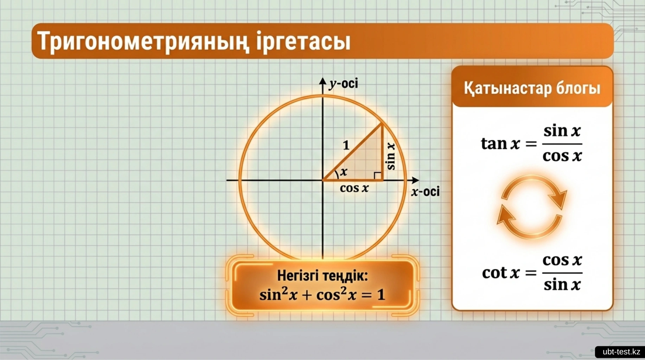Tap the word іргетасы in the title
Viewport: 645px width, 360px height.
[304, 41]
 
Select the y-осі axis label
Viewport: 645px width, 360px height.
[343, 84]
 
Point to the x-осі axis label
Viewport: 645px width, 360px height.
[426, 192]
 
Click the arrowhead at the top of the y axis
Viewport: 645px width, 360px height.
[322, 81]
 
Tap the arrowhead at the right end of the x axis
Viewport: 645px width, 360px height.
[415, 180]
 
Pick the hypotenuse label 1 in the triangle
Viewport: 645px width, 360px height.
[346, 145]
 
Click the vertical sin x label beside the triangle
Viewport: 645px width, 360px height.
[391, 156]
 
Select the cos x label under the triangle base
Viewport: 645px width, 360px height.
[354, 188]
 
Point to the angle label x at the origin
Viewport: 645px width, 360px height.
[344, 172]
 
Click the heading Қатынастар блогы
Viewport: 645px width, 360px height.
[532, 88]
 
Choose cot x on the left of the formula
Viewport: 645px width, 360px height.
[501, 273]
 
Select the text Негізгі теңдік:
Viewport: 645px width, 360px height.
[322, 276]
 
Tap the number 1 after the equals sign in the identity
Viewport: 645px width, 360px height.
[381, 295]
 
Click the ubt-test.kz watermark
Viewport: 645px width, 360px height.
[621, 352]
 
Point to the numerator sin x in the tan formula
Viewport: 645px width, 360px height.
[562, 131]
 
